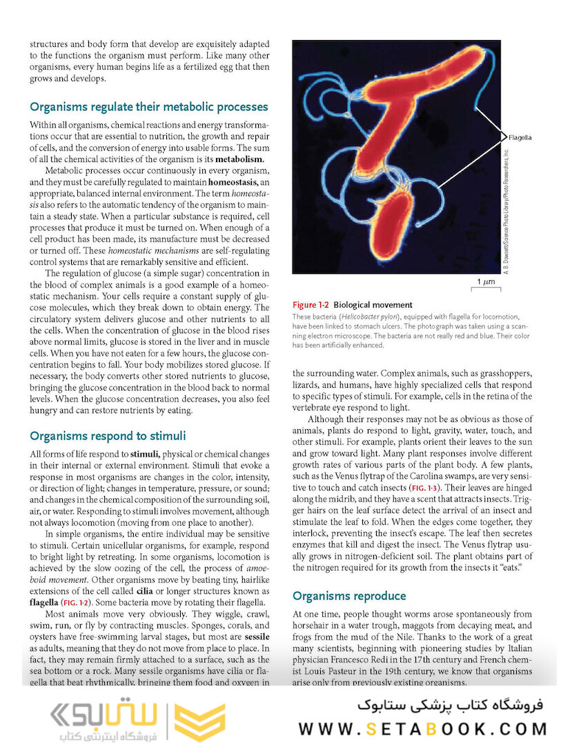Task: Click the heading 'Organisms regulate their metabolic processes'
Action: (148, 107)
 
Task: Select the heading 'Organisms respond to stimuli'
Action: (107, 436)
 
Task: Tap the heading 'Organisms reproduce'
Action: (349, 596)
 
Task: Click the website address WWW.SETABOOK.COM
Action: (422, 728)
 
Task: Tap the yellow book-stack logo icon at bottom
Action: (199, 719)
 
